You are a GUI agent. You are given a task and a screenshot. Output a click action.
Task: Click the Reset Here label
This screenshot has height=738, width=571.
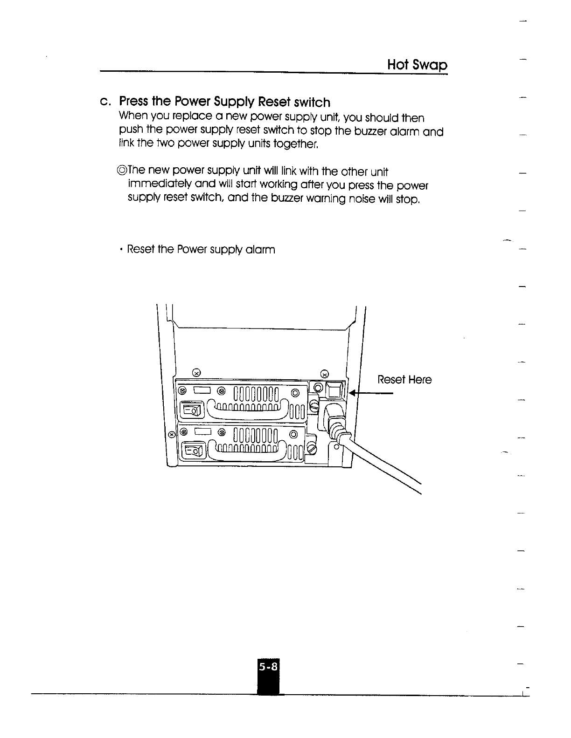tap(404, 380)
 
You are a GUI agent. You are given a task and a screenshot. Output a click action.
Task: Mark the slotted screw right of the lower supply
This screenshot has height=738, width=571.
tap(312, 449)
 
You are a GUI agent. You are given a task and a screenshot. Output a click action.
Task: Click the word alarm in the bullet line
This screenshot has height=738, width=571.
tap(261, 250)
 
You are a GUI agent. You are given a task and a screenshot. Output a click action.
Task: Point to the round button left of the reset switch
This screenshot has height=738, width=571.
tap(319, 388)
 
